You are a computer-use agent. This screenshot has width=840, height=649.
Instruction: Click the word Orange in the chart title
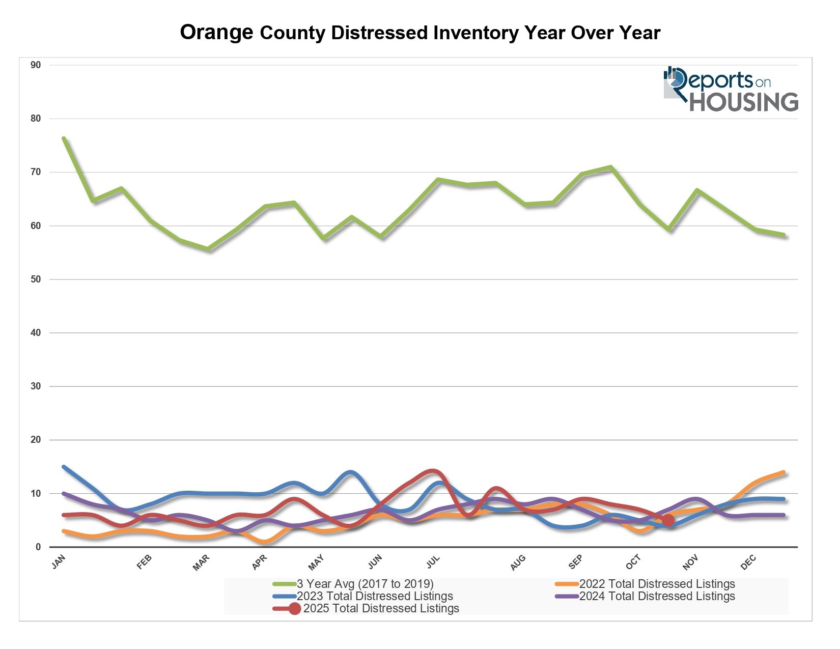pos(216,33)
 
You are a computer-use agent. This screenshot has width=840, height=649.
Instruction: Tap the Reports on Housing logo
pos(731,89)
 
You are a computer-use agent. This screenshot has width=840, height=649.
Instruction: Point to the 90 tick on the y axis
pos(36,65)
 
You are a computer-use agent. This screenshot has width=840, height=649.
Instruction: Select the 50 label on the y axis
pos(36,279)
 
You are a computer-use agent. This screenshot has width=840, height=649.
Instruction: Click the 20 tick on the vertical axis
pos(36,440)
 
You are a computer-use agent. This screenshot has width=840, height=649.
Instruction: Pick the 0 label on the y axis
pos(38,547)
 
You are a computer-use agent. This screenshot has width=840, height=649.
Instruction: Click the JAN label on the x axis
pos(59,562)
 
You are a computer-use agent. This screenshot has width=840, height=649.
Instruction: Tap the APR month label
pos(259,562)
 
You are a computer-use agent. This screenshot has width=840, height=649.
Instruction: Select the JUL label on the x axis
pos(433,562)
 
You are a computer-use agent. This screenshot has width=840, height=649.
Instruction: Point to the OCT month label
pos(633,562)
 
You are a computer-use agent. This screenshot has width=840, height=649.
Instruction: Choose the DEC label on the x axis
pos(748,562)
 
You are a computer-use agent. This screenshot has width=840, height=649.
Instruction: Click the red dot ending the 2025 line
pos(668,520)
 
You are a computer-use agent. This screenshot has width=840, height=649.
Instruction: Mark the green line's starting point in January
pos(64,138)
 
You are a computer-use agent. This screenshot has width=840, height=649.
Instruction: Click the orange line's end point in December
pos(783,472)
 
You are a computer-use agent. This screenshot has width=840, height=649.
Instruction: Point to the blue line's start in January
pos(64,467)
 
